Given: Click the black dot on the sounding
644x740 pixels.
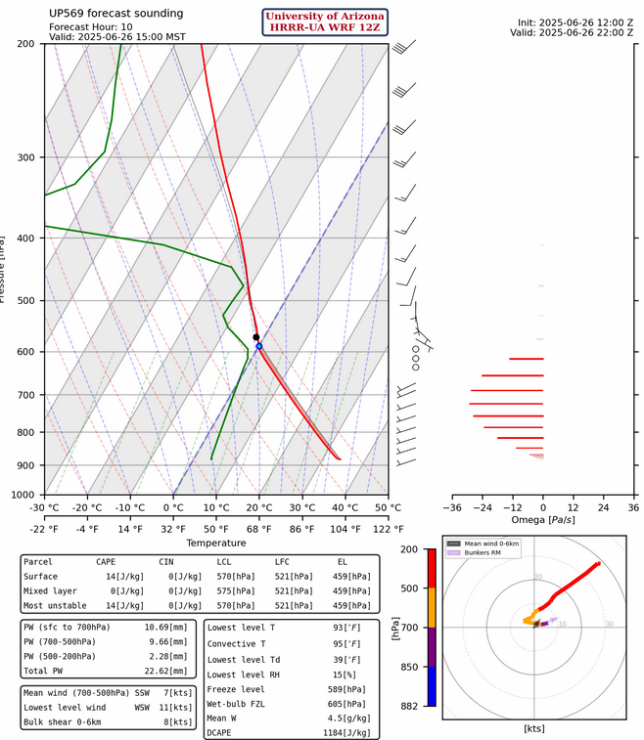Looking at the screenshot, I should pyautogui.click(x=255, y=337).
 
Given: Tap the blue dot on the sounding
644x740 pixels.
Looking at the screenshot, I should pyautogui.click(x=259, y=346).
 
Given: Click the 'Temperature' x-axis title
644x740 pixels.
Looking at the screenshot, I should pyautogui.click(x=216, y=544).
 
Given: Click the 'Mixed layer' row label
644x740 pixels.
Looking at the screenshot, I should pyautogui.click(x=49, y=591).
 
